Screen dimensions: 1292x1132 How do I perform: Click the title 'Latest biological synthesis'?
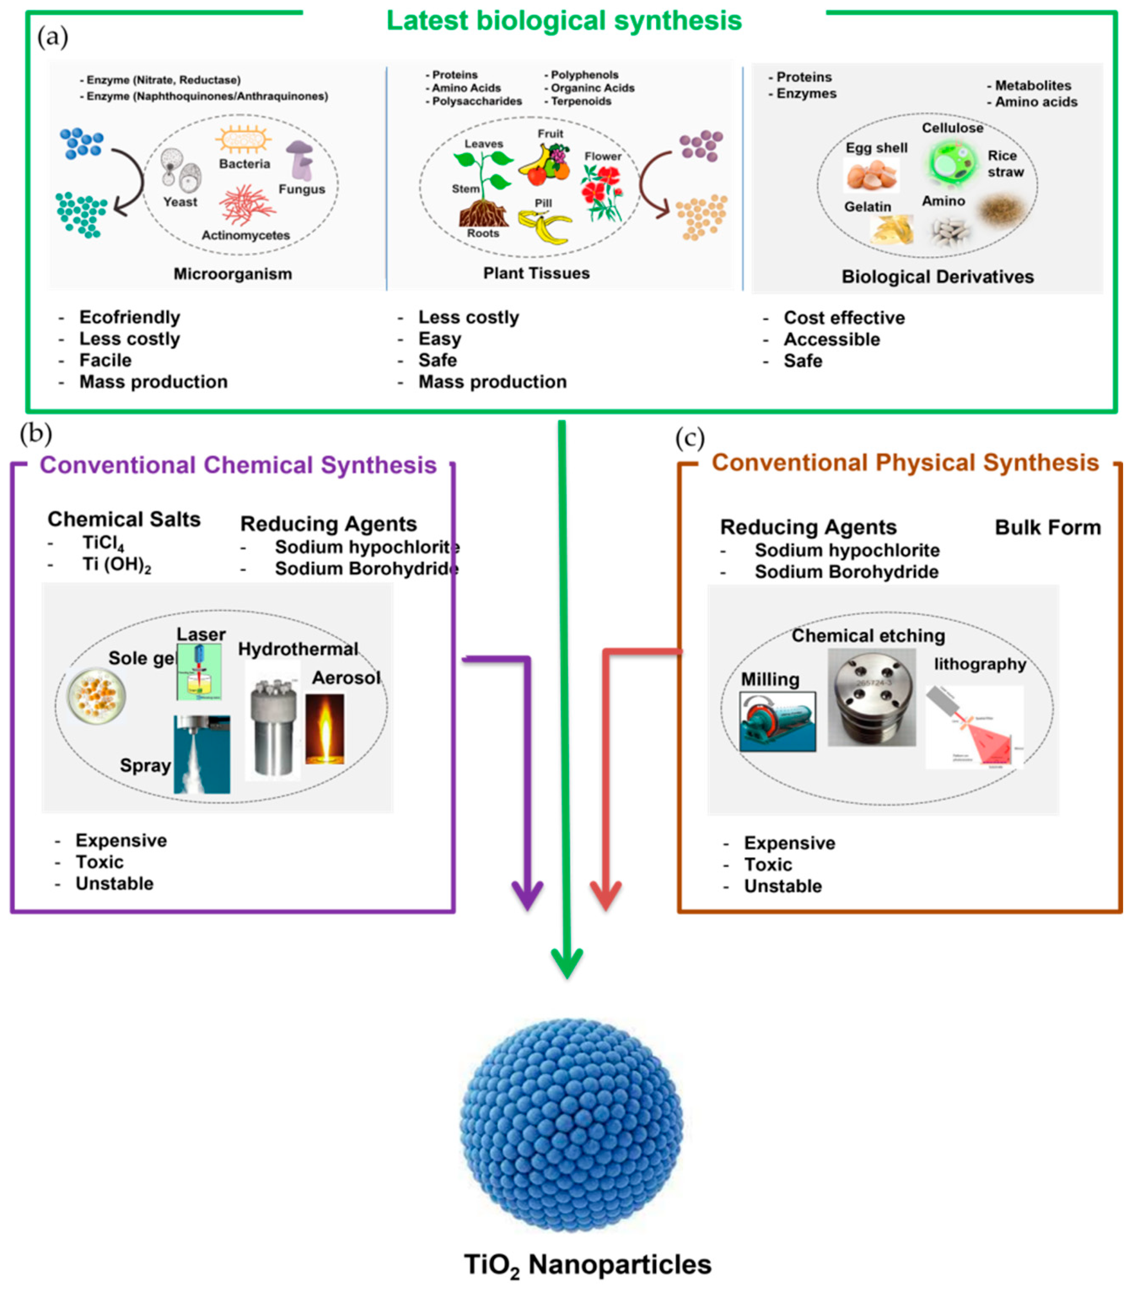click(564, 20)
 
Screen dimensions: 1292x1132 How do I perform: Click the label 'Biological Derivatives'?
click(938, 277)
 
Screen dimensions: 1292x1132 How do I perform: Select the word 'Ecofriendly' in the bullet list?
click(129, 317)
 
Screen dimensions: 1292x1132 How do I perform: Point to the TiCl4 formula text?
click(103, 543)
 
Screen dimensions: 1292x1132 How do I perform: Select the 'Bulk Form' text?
click(1047, 527)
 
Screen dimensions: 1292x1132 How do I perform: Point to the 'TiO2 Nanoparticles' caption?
click(587, 1264)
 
